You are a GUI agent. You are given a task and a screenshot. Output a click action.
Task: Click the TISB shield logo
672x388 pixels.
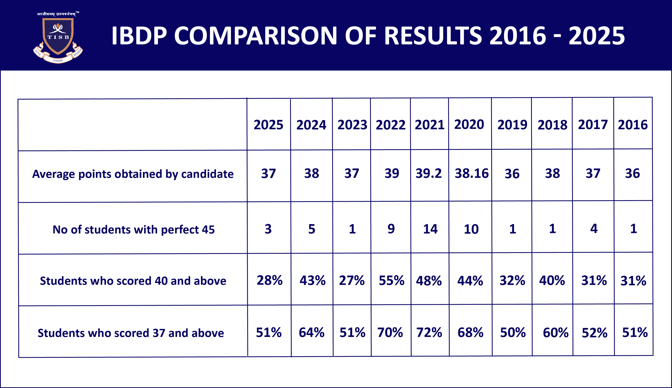point(58,37)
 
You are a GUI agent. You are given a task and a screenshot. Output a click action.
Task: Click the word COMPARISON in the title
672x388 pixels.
point(256,36)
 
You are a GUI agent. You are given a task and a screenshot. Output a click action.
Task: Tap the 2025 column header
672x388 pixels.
point(268,125)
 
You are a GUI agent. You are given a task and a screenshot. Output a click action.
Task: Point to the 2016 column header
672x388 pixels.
point(633,125)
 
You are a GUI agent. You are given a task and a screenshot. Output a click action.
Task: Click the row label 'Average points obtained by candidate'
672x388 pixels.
point(133,174)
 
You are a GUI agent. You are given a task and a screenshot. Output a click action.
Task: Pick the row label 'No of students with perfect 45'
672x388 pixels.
point(134,229)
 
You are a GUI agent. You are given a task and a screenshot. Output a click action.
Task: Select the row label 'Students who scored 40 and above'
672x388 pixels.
point(133,281)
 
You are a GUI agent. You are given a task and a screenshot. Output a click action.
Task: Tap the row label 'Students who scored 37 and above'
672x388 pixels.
point(131,333)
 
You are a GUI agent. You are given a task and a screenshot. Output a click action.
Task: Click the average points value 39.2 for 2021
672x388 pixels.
point(429,173)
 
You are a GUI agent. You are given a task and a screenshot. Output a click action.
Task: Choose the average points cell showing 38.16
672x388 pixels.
point(471,173)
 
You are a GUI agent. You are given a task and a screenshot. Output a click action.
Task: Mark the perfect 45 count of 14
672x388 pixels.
point(430,229)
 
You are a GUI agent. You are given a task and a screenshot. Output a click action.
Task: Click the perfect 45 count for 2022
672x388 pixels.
point(391,229)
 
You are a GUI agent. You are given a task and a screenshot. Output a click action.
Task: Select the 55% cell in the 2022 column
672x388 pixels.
point(391,281)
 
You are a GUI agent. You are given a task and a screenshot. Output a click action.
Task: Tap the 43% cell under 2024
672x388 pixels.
point(312,281)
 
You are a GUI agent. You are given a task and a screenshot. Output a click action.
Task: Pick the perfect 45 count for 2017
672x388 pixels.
point(594,229)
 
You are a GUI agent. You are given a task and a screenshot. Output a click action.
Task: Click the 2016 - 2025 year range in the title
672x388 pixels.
point(557,36)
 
